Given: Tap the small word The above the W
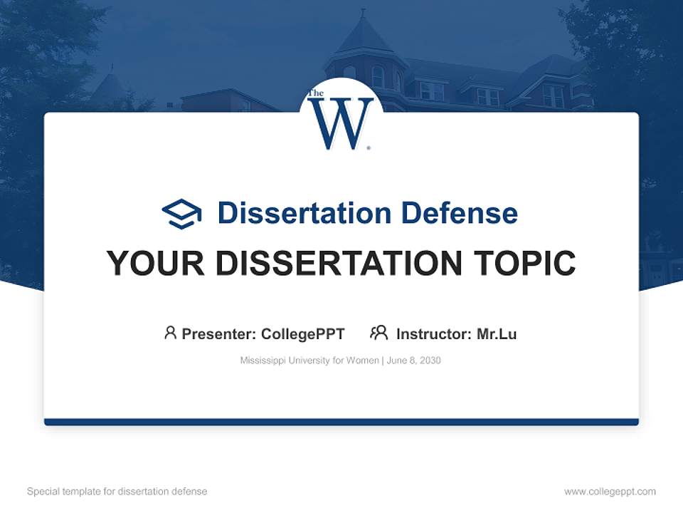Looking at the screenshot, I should (316, 94).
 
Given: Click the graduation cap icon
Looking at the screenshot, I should (181, 214).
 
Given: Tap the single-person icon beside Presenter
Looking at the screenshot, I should (170, 332).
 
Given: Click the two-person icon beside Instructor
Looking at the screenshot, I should (378, 332).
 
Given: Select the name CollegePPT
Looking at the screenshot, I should (303, 333).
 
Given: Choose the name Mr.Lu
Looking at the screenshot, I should (497, 333).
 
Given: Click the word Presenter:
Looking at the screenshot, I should (219, 333).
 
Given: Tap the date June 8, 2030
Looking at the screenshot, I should (414, 361).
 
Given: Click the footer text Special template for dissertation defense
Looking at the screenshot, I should (117, 492).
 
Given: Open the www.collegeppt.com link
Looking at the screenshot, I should (610, 492).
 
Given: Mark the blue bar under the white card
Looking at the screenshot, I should (341, 422).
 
